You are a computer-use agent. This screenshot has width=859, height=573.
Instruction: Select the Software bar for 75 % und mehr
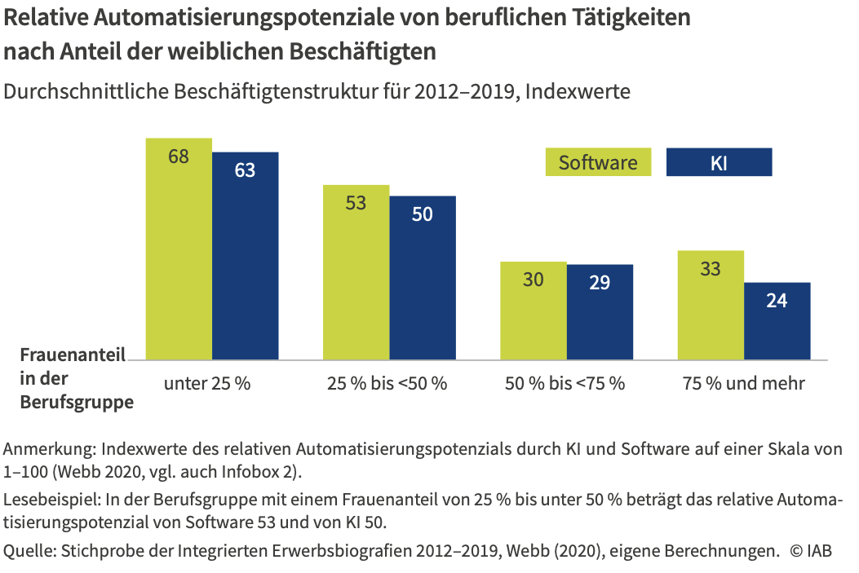click(711, 305)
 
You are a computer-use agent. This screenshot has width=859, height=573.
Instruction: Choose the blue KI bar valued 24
click(777, 321)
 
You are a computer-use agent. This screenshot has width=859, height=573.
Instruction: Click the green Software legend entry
click(598, 162)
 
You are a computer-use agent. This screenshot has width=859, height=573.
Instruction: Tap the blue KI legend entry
click(719, 162)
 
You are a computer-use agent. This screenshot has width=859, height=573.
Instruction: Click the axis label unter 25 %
click(206, 382)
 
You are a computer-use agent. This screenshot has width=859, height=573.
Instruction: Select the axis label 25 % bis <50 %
click(387, 382)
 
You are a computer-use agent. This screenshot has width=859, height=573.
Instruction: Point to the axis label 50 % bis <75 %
click(565, 382)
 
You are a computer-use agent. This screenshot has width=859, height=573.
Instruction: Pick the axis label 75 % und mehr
click(743, 382)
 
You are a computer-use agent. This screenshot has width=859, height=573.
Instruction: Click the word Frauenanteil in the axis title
click(73, 355)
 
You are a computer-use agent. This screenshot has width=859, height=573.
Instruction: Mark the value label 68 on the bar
click(179, 156)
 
